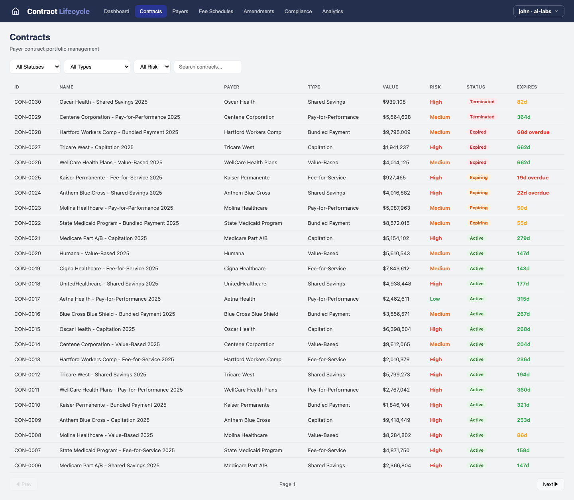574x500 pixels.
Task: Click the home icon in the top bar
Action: coord(16,11)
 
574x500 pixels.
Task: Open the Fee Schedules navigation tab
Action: coord(216,11)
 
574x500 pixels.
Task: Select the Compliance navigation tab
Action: coord(298,11)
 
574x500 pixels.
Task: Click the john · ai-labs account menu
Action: coord(539,11)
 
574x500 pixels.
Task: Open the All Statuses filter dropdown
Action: coord(35,67)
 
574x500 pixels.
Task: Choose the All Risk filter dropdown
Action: coord(152,67)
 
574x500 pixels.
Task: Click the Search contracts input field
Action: coord(208,67)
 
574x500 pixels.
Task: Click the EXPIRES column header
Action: coord(527,87)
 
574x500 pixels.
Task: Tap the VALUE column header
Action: coord(390,87)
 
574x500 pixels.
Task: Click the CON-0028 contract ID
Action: coord(28,132)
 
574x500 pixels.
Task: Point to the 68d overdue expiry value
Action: coord(533,132)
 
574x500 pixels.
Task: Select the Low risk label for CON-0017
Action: coord(434,299)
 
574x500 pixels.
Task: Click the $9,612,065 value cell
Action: coord(396,344)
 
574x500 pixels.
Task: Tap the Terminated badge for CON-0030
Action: coord(482,102)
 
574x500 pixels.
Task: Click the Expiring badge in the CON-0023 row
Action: coord(478,208)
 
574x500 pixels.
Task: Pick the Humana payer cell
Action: coord(234,254)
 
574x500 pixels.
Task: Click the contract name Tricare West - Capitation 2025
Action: coord(96,148)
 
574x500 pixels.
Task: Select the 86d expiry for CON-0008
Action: coord(522,435)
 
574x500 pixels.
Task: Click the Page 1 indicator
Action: coord(287,484)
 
